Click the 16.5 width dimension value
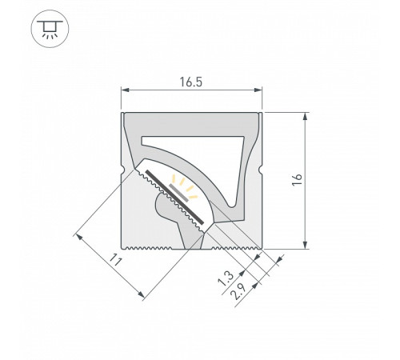point(192,81)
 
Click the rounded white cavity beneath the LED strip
point(170,214)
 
